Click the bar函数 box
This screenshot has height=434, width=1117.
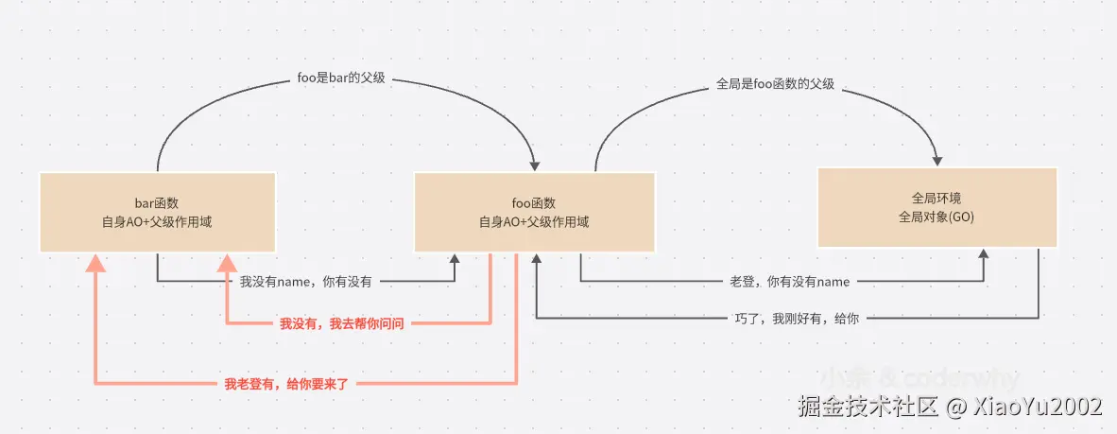point(157,212)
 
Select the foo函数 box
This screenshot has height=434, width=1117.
point(534,212)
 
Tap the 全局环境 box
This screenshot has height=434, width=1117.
point(937,207)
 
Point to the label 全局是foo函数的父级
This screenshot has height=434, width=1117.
point(776,83)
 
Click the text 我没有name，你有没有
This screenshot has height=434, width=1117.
point(305,282)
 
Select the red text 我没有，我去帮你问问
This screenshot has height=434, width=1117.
point(342,324)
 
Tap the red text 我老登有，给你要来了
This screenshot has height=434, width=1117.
point(287,384)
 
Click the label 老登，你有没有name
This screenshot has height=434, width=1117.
point(790,282)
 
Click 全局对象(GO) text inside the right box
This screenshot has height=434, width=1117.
point(937,217)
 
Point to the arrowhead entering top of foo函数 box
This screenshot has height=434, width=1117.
point(534,164)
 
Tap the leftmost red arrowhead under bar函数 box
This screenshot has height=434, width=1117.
point(95,263)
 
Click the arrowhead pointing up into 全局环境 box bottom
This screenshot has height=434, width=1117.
point(984,255)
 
